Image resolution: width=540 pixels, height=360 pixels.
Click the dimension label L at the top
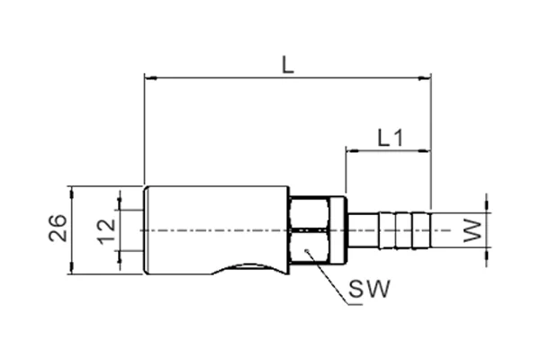tap(288, 66)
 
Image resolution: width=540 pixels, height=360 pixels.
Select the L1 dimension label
tap(391, 138)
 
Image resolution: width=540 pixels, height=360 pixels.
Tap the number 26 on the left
tap(58, 228)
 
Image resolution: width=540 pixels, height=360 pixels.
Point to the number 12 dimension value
tap(107, 231)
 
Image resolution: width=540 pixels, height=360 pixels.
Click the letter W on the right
tap(472, 230)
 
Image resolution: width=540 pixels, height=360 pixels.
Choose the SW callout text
tap(369, 289)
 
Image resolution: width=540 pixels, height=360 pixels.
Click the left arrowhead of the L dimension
tap(150, 78)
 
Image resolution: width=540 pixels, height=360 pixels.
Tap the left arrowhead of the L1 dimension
tap(352, 150)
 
